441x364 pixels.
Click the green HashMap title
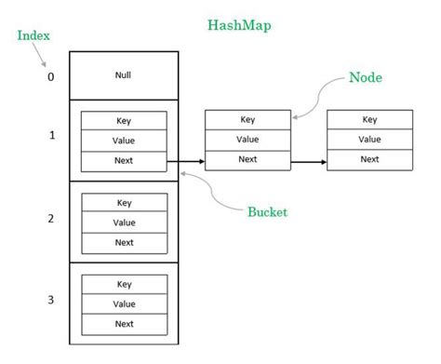click(239, 26)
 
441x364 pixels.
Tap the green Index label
click(33, 35)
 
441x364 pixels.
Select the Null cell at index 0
click(124, 74)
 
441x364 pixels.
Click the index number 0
click(51, 76)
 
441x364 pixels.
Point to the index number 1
click(51, 136)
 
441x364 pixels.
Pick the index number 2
click(51, 219)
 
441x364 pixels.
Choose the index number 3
click(51, 301)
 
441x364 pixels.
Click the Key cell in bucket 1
click(124, 120)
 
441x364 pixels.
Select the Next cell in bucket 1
click(124, 161)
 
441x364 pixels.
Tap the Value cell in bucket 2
click(124, 222)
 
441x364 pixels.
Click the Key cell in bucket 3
click(124, 284)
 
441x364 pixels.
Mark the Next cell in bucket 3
click(124, 324)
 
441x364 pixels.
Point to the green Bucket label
click(267, 211)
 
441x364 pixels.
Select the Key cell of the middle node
click(247, 119)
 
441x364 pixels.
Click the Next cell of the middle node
click(247, 159)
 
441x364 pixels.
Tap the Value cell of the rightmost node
click(369, 139)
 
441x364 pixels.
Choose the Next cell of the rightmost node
click(369, 159)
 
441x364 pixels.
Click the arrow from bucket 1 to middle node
click(185, 162)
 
